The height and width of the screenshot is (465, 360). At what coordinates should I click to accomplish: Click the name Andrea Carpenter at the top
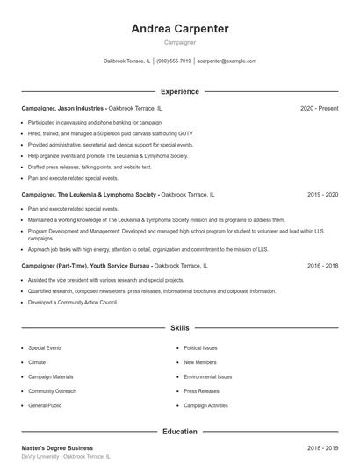(179, 29)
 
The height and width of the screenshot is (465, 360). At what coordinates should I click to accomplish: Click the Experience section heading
(179, 91)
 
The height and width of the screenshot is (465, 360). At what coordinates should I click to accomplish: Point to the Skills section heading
(179, 328)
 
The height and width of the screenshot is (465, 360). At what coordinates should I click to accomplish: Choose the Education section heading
(179, 432)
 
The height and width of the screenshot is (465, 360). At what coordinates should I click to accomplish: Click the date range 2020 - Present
(319, 108)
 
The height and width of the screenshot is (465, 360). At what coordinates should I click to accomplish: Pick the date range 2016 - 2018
(322, 265)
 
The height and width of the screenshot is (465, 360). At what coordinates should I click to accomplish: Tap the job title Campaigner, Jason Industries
(62, 108)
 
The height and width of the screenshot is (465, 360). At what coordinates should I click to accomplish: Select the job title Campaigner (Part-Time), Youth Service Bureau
(86, 265)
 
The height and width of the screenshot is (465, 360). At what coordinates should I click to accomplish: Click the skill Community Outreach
(52, 390)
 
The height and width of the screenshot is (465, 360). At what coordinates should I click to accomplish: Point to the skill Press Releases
(202, 390)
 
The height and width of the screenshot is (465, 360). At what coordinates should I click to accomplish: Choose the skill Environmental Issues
(207, 376)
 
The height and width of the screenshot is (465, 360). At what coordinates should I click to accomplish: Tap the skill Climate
(37, 362)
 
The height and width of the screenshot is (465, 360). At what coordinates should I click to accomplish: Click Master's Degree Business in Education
(57, 447)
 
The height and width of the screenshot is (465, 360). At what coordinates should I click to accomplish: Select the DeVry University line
(66, 457)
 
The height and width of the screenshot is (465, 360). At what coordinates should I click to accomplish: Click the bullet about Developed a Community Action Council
(72, 302)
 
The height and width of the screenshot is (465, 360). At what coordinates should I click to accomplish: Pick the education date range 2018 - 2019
(322, 447)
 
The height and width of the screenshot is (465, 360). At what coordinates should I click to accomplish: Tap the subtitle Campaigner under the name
(179, 42)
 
